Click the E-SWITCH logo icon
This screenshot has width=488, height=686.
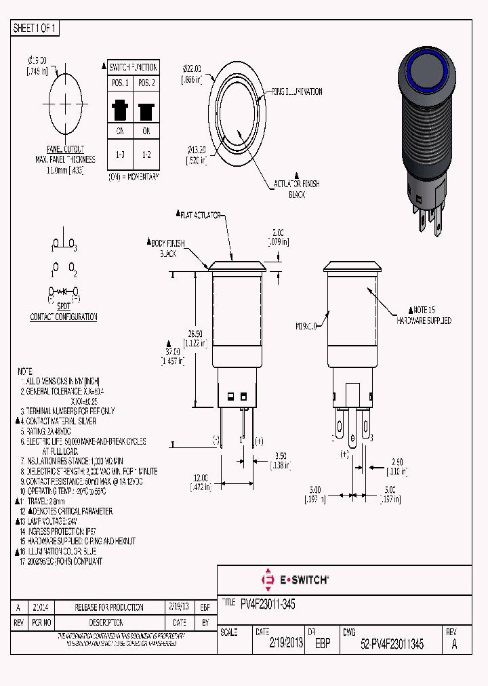click(267, 580)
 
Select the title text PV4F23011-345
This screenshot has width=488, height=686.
click(268, 603)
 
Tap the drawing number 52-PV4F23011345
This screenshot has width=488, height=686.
click(392, 645)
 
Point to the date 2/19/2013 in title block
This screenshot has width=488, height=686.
click(286, 645)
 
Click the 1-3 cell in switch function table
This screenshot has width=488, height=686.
click(120, 155)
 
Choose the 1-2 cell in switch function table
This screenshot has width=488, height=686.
click(146, 155)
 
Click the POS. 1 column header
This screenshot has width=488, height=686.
click(120, 83)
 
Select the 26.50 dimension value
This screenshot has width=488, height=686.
click(195, 334)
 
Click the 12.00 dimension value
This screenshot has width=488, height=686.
click(200, 477)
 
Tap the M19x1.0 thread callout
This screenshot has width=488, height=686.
click(306, 326)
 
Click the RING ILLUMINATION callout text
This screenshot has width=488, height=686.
click(297, 92)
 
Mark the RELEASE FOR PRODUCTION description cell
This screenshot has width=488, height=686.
click(109, 607)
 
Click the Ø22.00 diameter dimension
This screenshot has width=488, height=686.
click(192, 69)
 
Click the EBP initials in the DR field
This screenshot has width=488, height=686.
click(323, 645)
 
